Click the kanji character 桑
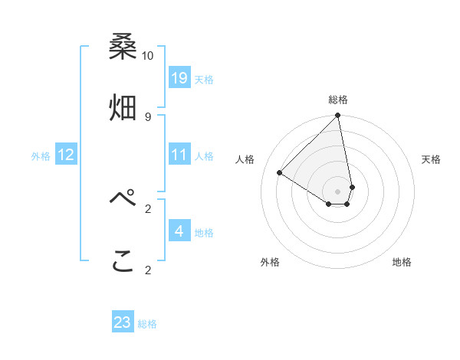coord(123,48)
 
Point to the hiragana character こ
coord(123,262)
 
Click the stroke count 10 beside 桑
coord(148,56)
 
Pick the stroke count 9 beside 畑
coord(148,116)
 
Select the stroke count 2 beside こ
coord(148,270)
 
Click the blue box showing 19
coord(179,77)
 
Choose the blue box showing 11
coord(179,155)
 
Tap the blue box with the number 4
coord(179,231)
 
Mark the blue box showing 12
coord(66,155)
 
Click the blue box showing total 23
coord(123,322)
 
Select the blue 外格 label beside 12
coord(41,156)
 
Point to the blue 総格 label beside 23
coord(147,324)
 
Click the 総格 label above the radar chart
coord(338,100)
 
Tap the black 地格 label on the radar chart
coord(402,262)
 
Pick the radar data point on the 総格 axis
coord(338,116)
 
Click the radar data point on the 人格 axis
coord(280,173)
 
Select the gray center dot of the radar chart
coord(338,191)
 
